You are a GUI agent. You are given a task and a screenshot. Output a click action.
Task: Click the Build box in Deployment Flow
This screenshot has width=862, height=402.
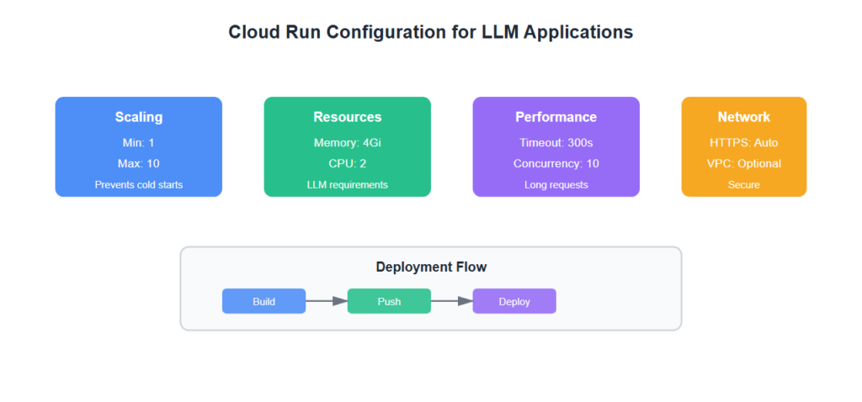coord(263,301)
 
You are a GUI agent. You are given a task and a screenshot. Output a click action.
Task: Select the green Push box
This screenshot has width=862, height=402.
coord(389,301)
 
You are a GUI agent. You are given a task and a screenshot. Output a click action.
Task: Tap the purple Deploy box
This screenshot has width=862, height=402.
coord(514,301)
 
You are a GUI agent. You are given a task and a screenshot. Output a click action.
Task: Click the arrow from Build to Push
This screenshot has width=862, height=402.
coord(327,300)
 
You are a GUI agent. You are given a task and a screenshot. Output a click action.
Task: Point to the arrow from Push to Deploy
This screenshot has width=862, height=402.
coord(452,300)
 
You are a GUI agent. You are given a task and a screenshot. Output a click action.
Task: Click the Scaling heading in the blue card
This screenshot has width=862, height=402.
coord(139,117)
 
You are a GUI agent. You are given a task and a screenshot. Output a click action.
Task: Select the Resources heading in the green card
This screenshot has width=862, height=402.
coord(348,117)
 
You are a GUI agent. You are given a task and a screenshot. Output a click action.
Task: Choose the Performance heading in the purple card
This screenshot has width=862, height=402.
coord(556,117)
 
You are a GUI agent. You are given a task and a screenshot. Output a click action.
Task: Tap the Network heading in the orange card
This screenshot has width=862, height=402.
coord(743,117)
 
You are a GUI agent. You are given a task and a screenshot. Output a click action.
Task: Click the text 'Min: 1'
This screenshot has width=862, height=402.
coord(139,143)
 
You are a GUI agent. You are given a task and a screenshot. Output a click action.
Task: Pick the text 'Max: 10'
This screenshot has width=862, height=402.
coord(139,163)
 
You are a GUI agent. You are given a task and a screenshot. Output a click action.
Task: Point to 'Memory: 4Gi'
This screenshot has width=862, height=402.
coord(348,143)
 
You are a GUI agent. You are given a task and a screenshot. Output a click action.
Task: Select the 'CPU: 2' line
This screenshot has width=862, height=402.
coord(348,163)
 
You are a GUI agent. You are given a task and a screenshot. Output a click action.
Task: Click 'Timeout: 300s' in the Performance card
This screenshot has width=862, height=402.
coord(556,143)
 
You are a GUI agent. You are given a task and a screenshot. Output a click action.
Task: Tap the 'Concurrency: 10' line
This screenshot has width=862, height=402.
coord(556,163)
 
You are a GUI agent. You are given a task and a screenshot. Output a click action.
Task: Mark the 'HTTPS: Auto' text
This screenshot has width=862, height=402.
coord(743,143)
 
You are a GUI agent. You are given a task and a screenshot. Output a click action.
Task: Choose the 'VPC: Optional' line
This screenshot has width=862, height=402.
coord(743,163)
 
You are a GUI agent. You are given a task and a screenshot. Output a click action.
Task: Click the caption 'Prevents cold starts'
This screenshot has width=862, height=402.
coord(139,184)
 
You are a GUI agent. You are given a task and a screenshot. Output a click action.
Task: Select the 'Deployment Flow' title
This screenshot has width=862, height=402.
coord(431,267)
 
